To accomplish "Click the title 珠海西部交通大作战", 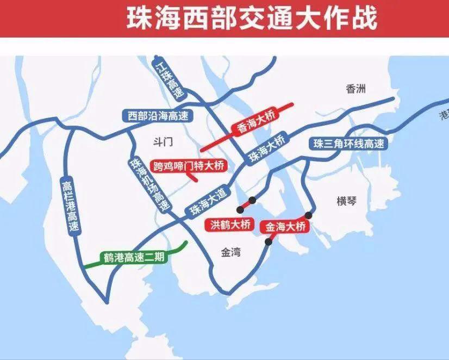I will pos(251,18).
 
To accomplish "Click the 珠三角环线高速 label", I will pos(348,144).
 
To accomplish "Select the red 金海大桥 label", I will pos(285,226).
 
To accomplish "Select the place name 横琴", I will pos(346,201).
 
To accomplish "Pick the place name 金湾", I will pos(231,253).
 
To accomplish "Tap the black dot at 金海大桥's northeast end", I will pos(309,215).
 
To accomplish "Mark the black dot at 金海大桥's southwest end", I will pos(268,242).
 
